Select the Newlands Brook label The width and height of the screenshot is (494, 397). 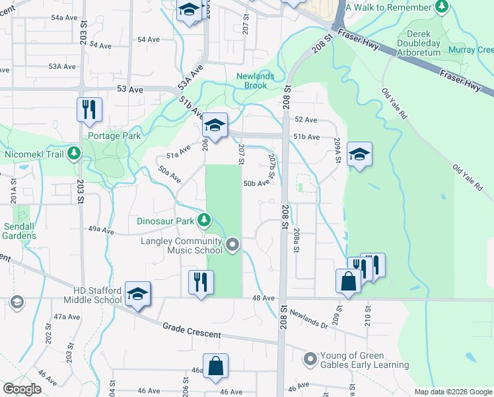click(x=255, y=81)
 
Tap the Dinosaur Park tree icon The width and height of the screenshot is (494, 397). click(x=205, y=220)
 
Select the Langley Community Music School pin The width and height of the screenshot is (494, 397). click(x=232, y=245)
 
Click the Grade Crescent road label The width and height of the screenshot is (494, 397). click(x=192, y=331)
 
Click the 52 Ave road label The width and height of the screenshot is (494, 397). click(x=306, y=120)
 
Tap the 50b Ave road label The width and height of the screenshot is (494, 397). click(x=256, y=183)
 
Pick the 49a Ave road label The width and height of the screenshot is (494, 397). click(x=102, y=229)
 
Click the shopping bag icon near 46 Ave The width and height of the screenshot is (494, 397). click(x=215, y=366)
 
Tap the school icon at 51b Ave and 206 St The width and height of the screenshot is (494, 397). click(x=215, y=124)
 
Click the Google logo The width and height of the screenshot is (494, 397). click(x=21, y=389)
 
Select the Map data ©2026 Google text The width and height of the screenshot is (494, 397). click(x=452, y=392)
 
